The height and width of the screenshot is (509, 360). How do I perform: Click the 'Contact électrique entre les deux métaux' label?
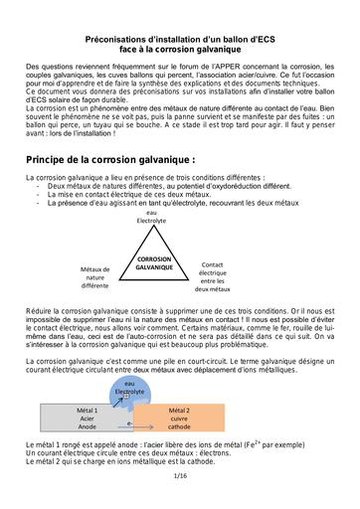213,276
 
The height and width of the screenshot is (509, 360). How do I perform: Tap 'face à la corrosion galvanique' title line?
179,46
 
